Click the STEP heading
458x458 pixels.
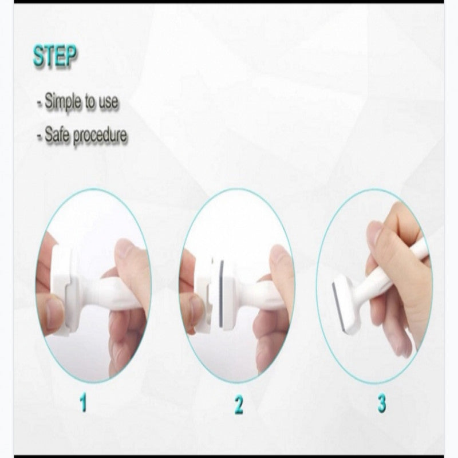(x=54, y=56)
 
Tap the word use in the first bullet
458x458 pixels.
(x=108, y=102)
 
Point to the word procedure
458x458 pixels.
(x=100, y=136)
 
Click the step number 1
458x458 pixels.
(x=84, y=402)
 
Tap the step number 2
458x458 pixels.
(x=239, y=404)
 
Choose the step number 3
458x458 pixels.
(x=382, y=404)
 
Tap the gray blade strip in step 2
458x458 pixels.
(x=222, y=293)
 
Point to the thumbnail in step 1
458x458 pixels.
(x=53, y=316)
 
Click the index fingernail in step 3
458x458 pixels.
(x=374, y=234)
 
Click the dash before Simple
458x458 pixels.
(x=40, y=103)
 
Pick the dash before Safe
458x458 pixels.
(x=40, y=136)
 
